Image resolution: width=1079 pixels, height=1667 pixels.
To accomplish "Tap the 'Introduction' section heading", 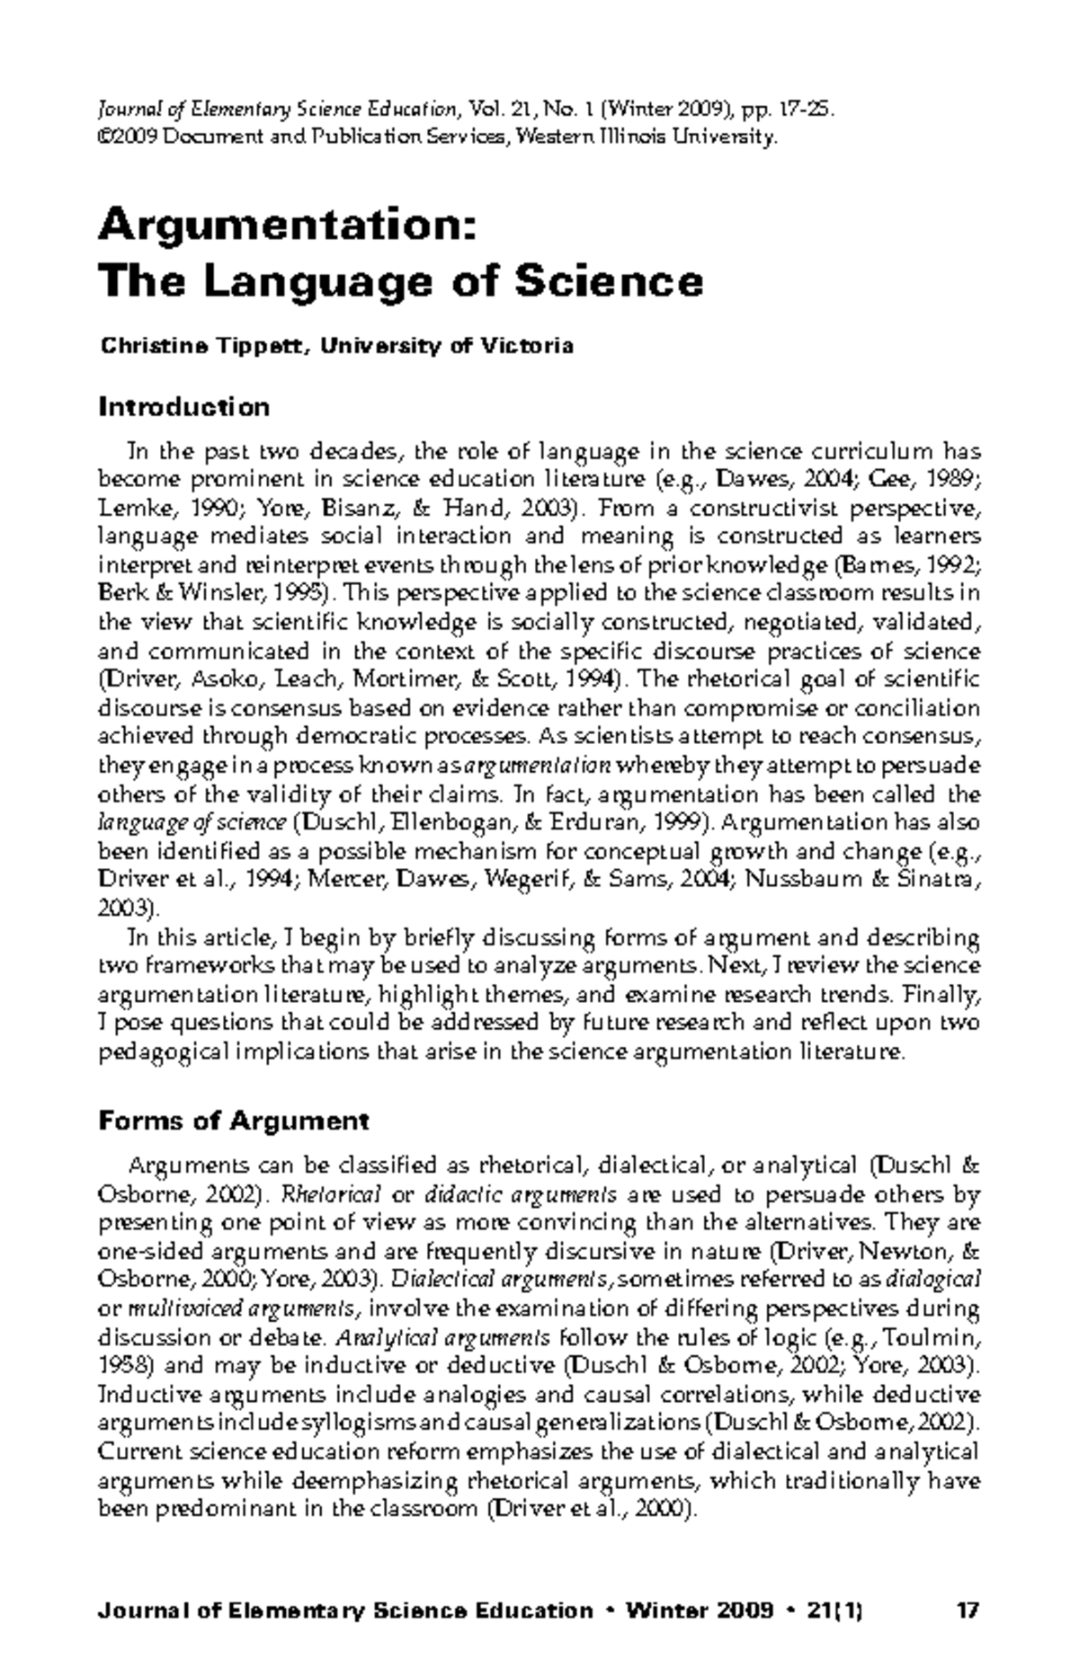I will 183,407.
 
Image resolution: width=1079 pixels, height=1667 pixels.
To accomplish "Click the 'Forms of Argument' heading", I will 233,1121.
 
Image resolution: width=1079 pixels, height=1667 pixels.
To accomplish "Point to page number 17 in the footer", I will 968,1585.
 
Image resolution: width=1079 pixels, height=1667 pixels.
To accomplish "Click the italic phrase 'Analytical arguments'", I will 442,1336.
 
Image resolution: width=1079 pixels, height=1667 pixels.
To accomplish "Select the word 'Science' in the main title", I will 608,281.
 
